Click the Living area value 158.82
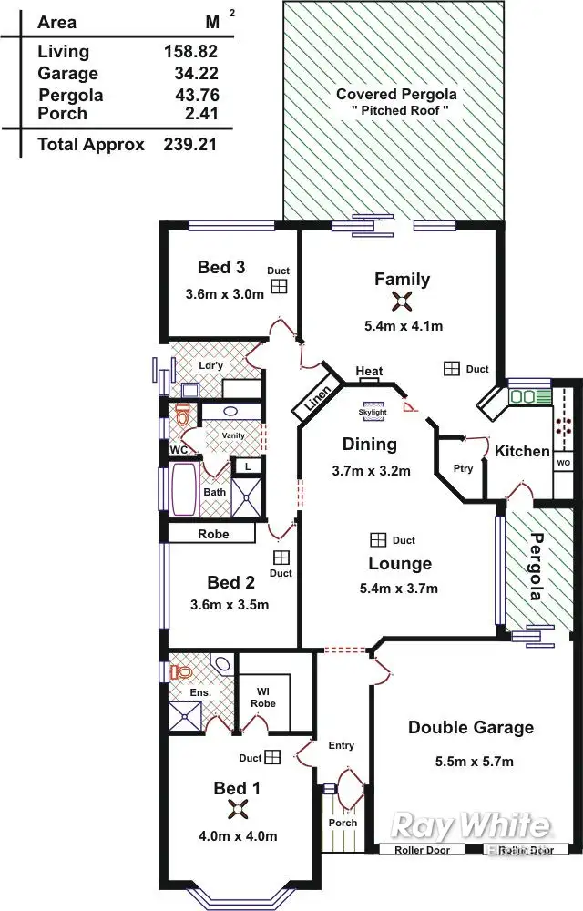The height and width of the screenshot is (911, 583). pos(187,52)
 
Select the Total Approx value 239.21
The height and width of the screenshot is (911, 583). pos(189,144)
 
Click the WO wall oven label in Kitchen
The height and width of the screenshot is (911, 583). pos(563,463)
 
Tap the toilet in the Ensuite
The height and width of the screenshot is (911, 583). pos(181,672)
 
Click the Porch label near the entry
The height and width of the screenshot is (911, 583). pos(343,823)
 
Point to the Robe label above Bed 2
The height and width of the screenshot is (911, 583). pos(214,534)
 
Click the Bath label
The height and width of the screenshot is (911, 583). pos(214,492)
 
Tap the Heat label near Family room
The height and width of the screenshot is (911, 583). pos(369,372)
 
